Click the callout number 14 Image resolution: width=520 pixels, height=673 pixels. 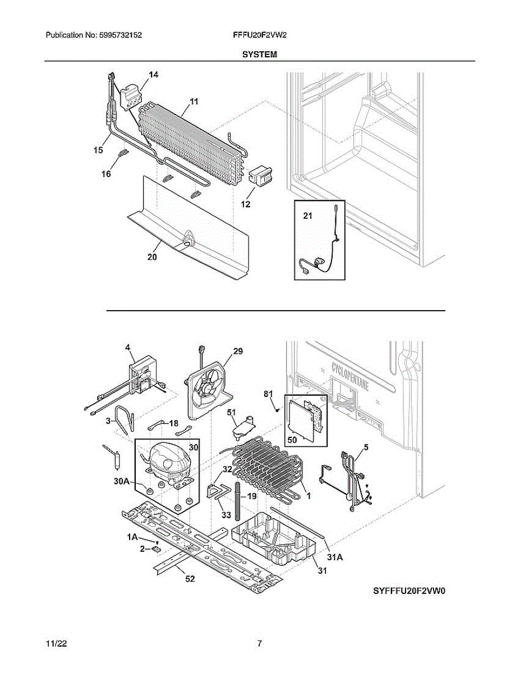click(153, 75)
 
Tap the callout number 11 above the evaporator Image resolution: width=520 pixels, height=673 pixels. click(194, 102)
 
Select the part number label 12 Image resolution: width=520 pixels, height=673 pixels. click(246, 205)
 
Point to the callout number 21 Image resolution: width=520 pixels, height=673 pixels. click(307, 217)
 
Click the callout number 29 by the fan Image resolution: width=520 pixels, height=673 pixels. click(238, 351)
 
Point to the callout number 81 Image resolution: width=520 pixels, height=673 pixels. click(269, 394)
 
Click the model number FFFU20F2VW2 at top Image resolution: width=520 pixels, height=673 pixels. click(260, 35)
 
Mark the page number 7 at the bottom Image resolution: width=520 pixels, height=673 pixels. click(259, 644)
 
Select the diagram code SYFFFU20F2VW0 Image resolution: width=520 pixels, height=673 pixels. click(412, 591)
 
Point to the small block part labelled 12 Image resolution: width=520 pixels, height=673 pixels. click(259, 176)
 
